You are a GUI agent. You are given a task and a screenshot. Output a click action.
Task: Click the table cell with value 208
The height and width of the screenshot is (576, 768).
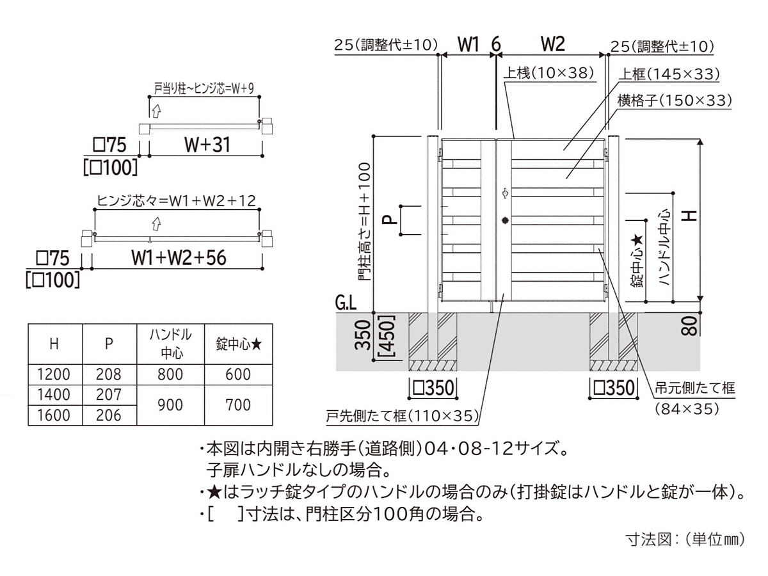109,374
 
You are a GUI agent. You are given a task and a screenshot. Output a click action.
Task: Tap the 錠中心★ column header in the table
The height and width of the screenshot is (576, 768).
238,344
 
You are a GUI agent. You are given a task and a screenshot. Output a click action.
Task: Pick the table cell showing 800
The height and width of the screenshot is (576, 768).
170,374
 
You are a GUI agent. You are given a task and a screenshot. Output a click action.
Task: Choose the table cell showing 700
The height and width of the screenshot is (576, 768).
238,405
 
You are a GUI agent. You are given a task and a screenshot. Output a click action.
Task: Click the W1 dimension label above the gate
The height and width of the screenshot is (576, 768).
468,44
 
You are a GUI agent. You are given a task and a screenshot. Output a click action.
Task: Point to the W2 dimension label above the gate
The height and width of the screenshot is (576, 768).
552,44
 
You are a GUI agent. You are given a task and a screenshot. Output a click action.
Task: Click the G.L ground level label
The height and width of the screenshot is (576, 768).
346,303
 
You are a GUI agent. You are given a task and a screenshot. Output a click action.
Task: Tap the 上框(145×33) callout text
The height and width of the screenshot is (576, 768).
669,74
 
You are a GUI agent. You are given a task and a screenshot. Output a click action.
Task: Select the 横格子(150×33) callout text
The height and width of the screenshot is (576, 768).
675,100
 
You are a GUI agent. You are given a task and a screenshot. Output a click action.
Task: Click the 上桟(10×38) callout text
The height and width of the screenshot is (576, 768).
548,73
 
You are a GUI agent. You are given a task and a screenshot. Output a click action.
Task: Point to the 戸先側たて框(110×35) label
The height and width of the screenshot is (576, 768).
402,416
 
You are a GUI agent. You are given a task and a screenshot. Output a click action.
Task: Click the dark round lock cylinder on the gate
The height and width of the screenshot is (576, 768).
505,220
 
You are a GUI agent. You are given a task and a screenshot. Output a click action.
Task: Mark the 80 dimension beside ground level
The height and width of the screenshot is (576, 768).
689,326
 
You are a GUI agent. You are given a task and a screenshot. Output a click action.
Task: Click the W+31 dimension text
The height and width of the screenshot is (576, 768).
207,145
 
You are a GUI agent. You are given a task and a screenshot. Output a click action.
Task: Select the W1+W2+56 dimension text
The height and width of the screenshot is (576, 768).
179,258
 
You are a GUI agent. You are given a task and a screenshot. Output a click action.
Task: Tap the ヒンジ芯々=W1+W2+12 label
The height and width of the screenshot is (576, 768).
176,201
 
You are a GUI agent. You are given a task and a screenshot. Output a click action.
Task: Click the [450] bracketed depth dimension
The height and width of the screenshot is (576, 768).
388,336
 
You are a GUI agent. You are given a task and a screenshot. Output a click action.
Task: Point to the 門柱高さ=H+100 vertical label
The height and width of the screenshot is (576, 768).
364,221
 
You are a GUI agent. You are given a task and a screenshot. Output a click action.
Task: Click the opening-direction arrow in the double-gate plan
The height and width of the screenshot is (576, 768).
156,224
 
